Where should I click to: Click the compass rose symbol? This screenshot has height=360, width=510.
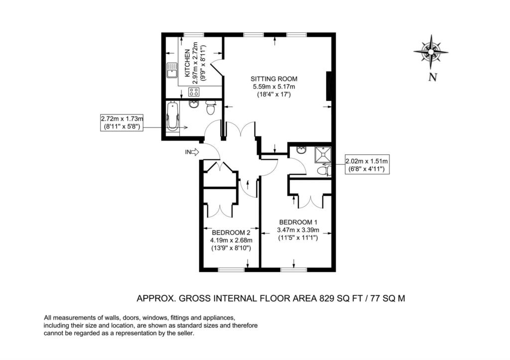[431, 52]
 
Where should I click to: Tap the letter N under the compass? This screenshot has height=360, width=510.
[433, 77]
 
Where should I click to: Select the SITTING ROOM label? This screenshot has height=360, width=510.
[274, 79]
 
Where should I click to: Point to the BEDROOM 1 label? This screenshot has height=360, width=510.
[298, 222]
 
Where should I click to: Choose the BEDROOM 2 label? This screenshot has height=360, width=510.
[231, 233]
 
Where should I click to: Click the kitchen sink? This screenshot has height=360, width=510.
[171, 70]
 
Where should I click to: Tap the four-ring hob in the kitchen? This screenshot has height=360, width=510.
[194, 92]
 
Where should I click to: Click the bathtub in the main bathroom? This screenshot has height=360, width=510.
[172, 117]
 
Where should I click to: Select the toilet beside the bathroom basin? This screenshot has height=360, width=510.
[211, 108]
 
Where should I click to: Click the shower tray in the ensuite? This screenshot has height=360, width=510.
[323, 155]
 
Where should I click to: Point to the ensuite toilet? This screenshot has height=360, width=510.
[324, 171]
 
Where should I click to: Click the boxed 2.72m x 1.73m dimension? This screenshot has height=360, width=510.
[122, 122]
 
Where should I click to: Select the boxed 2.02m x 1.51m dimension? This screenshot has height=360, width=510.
[367, 164]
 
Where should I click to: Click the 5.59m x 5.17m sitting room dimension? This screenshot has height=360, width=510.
[274, 87]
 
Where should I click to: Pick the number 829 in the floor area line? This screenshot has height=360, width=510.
[327, 298]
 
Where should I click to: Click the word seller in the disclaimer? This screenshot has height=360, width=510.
[186, 333]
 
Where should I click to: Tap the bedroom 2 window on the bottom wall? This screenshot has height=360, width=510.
[231, 269]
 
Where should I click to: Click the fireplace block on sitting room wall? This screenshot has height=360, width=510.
[329, 86]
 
